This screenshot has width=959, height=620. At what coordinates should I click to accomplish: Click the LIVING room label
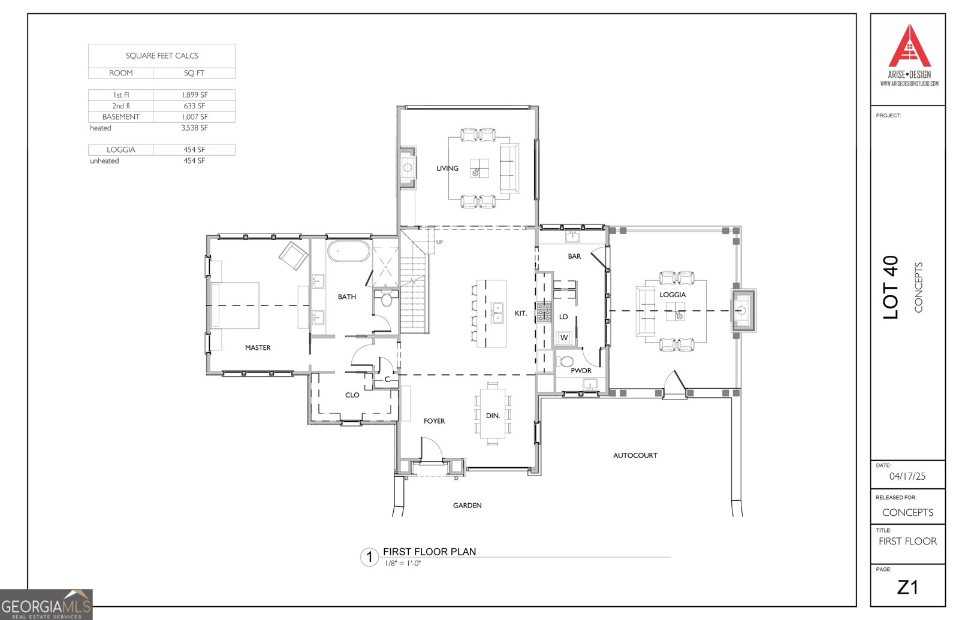click(x=447, y=168)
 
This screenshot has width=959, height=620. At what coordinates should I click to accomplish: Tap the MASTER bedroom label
click(x=258, y=347)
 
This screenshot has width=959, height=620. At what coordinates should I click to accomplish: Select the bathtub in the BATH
click(x=349, y=251)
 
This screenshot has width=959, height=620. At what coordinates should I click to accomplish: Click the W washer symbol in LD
click(x=563, y=338)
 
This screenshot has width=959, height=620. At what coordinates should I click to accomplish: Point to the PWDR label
click(x=581, y=371)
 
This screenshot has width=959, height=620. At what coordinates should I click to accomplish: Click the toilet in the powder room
click(x=566, y=362)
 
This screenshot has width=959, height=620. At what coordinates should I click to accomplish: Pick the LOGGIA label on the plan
click(x=672, y=295)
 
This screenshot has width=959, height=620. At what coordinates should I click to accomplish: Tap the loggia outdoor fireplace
click(x=743, y=310)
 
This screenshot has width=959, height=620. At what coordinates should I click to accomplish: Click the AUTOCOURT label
click(x=635, y=455)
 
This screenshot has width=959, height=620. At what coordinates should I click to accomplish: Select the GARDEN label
click(x=467, y=506)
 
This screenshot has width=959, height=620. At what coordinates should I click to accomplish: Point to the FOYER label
click(x=434, y=421)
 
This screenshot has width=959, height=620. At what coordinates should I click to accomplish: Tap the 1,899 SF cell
click(x=194, y=95)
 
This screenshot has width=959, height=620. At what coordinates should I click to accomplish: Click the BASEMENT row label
click(x=121, y=117)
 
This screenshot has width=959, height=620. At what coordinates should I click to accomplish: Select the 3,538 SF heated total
click(x=194, y=128)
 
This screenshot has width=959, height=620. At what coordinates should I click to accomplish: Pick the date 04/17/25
click(x=907, y=476)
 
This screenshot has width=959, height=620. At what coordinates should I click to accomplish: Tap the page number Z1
click(x=907, y=588)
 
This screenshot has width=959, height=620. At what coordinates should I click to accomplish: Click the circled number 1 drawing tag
click(x=369, y=557)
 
